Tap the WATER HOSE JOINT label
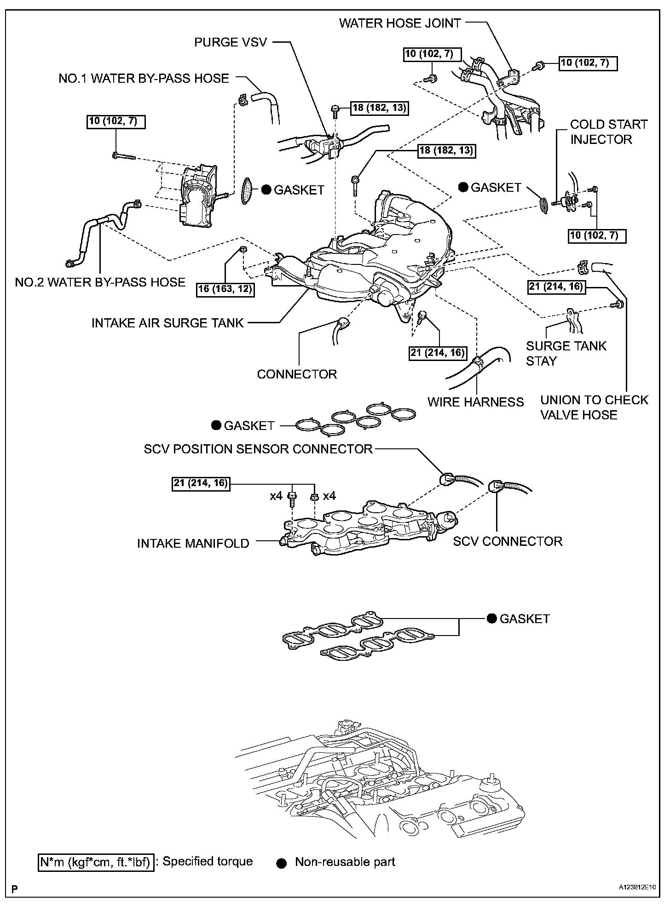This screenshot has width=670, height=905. (400, 23)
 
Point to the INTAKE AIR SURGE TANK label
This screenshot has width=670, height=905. (167, 323)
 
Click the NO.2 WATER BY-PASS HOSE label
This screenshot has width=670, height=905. (100, 282)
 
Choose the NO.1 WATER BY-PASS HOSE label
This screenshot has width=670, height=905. (144, 78)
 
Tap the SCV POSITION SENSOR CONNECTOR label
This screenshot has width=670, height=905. (258, 449)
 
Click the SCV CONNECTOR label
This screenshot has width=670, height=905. (508, 541)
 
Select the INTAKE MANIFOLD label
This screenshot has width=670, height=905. (193, 543)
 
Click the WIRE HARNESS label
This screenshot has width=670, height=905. (475, 402)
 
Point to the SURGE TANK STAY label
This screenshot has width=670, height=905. (566, 353)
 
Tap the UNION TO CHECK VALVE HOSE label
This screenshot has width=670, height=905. (594, 407)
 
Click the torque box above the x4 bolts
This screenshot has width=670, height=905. (201, 483)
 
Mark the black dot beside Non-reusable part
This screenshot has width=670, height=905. (282, 863)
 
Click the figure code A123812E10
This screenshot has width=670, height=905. (637, 888)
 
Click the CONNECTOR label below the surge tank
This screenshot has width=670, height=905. (297, 374)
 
